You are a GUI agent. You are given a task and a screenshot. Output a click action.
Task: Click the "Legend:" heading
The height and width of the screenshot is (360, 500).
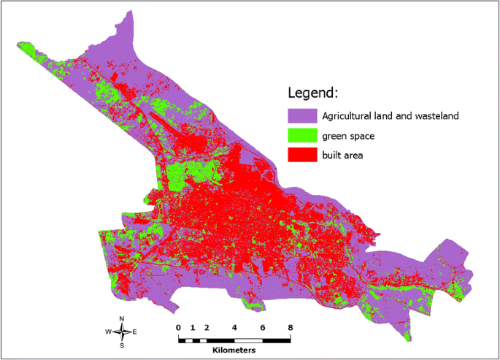pyautogui.click(x=313, y=93)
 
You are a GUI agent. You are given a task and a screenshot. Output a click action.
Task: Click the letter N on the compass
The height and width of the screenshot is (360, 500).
pyautogui.click(x=122, y=318)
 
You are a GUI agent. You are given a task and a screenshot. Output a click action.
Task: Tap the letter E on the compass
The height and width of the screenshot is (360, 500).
pyautogui.click(x=134, y=332)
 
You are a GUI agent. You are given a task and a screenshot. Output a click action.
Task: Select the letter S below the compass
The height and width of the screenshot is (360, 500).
pyautogui.click(x=122, y=346)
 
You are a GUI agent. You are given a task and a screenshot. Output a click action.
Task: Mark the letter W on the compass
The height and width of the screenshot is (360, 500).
pyautogui.click(x=108, y=332)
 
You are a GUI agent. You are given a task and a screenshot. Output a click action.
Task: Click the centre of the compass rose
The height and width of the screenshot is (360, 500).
pyautogui.click(x=122, y=332)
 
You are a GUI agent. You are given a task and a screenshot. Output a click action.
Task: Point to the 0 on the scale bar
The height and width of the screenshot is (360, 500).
pyautogui.click(x=178, y=327)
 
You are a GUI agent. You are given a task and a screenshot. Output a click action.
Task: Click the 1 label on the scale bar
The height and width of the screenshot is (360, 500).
pyautogui.click(x=193, y=327)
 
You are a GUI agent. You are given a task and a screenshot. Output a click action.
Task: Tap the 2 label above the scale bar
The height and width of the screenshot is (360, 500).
pyautogui.click(x=207, y=327)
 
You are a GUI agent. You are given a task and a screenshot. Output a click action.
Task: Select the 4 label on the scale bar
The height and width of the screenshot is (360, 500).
pyautogui.click(x=234, y=327)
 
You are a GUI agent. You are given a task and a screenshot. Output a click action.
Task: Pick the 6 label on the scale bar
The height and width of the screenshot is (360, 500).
pyautogui.click(x=263, y=327)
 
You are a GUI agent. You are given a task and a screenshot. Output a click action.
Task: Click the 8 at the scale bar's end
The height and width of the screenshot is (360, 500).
pyautogui.click(x=291, y=327)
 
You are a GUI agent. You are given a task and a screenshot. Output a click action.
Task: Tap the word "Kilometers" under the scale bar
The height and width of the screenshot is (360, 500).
pyautogui.click(x=234, y=351)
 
